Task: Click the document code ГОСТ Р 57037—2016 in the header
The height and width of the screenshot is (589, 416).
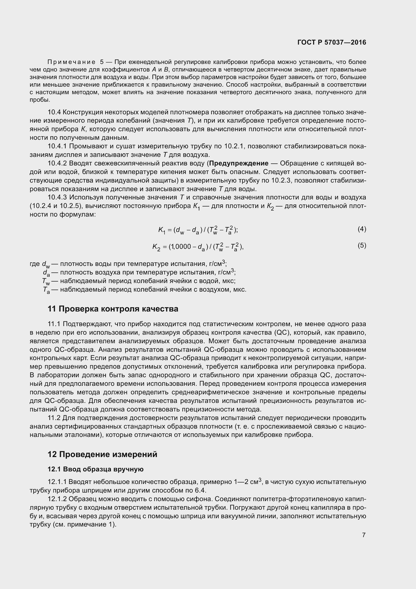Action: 332,42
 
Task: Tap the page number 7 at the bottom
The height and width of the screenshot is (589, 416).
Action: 364,535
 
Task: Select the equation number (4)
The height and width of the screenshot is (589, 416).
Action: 362,229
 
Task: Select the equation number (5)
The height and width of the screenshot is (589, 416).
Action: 362,246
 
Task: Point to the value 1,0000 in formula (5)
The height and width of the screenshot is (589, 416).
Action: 181,247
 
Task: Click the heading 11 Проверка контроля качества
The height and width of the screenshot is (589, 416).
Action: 113,309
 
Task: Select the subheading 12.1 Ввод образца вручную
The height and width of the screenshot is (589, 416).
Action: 96,469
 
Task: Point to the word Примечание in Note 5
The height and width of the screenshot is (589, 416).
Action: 71,62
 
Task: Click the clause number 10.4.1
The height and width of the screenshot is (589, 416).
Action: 57,146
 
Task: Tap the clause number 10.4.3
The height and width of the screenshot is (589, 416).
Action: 57,197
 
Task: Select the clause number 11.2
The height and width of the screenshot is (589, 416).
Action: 54,418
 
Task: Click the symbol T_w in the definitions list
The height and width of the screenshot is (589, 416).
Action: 46,282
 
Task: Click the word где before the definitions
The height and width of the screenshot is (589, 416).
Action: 34,264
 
